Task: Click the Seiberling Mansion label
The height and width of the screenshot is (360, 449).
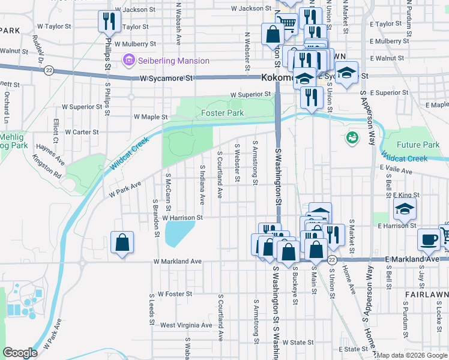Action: pyautogui.click(x=173, y=61)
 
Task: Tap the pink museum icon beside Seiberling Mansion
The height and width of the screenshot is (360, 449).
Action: pyautogui.click(x=127, y=61)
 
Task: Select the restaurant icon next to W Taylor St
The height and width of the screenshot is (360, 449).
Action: pyautogui.click(x=109, y=22)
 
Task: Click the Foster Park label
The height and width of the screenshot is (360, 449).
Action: pyautogui.click(x=223, y=113)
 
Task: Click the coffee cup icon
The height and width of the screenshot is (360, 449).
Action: pyautogui.click(x=428, y=239)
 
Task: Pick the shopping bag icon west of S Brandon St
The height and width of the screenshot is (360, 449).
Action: pyautogui.click(x=122, y=242)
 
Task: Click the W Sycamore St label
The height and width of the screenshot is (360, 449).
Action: pyautogui.click(x=166, y=79)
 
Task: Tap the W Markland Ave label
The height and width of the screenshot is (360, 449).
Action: pyautogui.click(x=177, y=262)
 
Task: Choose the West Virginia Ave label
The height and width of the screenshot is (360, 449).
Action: pyautogui.click(x=186, y=325)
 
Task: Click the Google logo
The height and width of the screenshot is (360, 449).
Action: pyautogui.click(x=20, y=352)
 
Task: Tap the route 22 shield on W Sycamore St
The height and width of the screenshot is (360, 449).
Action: pyautogui.click(x=49, y=70)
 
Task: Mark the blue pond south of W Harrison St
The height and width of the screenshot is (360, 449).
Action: pyautogui.click(x=179, y=233)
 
